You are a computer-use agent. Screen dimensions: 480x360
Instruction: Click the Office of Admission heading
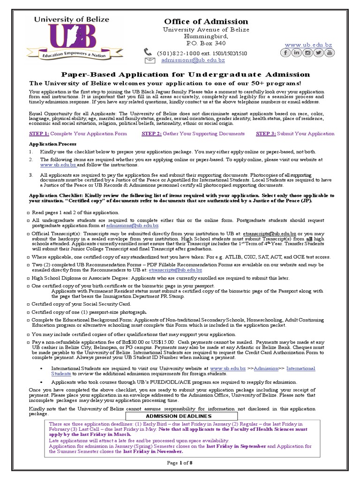(x=206, y=22)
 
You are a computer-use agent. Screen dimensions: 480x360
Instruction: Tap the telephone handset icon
(x=148, y=52)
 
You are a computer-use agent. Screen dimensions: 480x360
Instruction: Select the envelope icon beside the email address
(x=150, y=60)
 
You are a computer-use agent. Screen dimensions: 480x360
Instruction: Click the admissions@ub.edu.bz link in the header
(x=193, y=60)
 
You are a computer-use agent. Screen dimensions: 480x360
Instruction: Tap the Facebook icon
(x=285, y=52)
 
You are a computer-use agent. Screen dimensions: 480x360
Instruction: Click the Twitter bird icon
(x=319, y=52)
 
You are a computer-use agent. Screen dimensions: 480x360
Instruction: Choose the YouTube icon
(x=330, y=52)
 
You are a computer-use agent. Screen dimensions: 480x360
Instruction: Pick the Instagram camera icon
(x=307, y=52)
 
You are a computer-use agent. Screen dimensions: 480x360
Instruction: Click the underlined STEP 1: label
(x=39, y=134)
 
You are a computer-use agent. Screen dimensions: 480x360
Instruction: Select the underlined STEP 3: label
(x=265, y=134)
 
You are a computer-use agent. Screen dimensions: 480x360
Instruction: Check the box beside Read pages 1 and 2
(x=28, y=213)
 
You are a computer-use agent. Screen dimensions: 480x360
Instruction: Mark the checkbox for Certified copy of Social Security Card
(x=28, y=305)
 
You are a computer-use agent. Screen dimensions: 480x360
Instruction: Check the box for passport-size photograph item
(x=28, y=312)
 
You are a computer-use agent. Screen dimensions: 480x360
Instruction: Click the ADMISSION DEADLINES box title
(x=179, y=416)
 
